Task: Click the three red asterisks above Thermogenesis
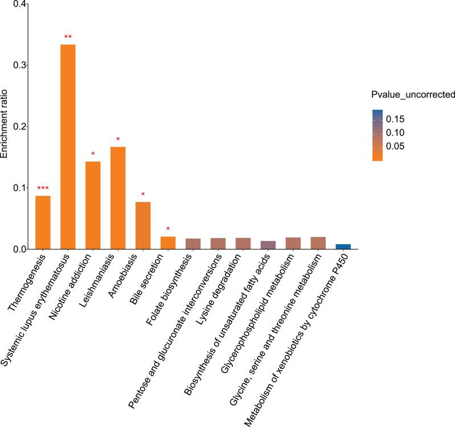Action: click(43, 189)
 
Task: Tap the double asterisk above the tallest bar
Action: click(68, 38)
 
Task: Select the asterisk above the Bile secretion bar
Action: click(168, 230)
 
